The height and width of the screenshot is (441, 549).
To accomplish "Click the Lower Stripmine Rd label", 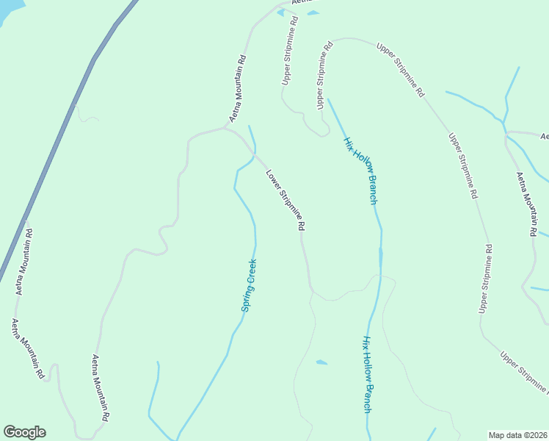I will point(285,201).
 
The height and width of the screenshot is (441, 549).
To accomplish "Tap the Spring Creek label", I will point(249,285).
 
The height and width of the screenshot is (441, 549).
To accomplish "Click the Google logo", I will point(24,432).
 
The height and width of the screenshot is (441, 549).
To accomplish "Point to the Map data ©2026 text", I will point(517,435).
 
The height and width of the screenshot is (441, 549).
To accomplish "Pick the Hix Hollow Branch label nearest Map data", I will point(367,374).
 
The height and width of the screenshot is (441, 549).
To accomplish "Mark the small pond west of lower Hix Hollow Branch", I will point(321,362).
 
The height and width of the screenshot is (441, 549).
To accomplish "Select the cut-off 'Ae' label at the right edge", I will point(545,137).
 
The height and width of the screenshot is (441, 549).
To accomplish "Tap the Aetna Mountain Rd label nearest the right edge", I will point(526,204).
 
